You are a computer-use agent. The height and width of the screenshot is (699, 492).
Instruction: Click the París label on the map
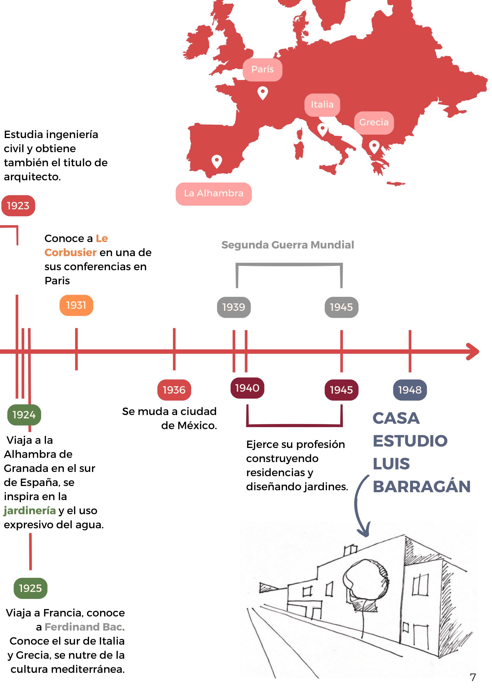pyautogui.click(x=262, y=69)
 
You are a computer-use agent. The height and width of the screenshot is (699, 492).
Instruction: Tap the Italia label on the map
pyautogui.click(x=322, y=105)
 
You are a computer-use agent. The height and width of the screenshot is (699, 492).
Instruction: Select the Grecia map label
pyautogui.click(x=374, y=122)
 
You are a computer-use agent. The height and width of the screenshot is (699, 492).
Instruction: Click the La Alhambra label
pyautogui.click(x=213, y=194)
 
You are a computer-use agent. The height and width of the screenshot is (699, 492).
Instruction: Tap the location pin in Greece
pyautogui.click(x=374, y=147)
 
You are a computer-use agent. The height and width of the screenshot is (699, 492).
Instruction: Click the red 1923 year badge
pyautogui.click(x=18, y=206)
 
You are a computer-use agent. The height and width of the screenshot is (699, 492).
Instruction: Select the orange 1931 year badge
pyautogui.click(x=76, y=305)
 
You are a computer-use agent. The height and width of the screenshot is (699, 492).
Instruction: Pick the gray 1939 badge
pyautogui.click(x=234, y=307)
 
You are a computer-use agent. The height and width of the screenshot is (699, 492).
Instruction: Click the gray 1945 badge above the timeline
pyautogui.click(x=341, y=307)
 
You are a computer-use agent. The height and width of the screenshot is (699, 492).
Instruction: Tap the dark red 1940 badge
pyautogui.click(x=247, y=388)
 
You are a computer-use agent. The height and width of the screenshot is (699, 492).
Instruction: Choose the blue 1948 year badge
pyautogui.click(x=410, y=390)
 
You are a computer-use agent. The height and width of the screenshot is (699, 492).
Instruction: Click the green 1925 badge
pyautogui.click(x=30, y=588)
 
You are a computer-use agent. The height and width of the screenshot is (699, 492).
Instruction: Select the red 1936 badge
pyautogui.click(x=174, y=390)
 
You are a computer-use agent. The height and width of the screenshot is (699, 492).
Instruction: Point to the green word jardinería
pyautogui.click(x=30, y=511)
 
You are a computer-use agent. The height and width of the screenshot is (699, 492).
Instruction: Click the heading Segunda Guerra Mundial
pyautogui.click(x=288, y=245)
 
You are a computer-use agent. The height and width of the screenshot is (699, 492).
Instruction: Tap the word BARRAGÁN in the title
pyautogui.click(x=422, y=487)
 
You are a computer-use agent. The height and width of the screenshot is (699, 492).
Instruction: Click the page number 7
pyautogui.click(x=473, y=677)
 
